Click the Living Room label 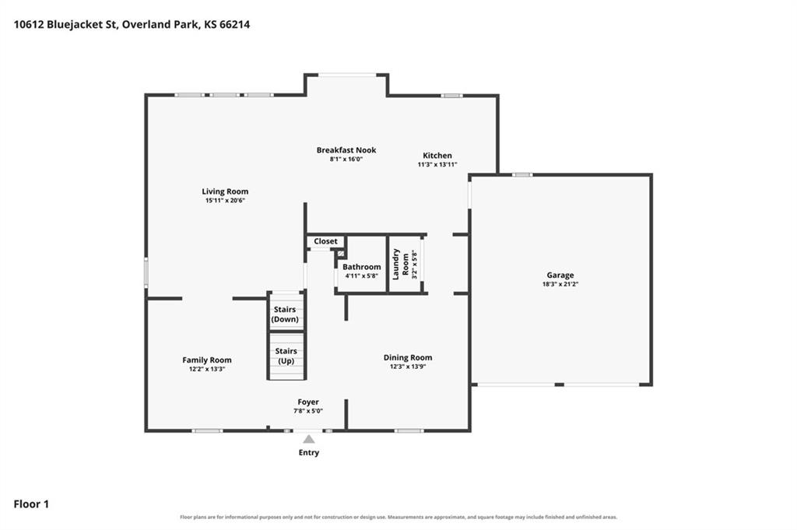pyautogui.click(x=225, y=191)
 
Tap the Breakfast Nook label pyautogui.click(x=346, y=150)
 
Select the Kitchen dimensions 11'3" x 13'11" pyautogui.click(x=437, y=165)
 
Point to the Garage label pyautogui.click(x=560, y=276)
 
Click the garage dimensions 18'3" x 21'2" pyautogui.click(x=560, y=285)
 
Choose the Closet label pyautogui.click(x=325, y=241)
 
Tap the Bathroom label pyautogui.click(x=361, y=267)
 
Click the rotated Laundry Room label pyautogui.click(x=401, y=265)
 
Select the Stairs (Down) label pyautogui.click(x=285, y=314)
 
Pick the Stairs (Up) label pyautogui.click(x=286, y=356)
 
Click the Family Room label pyautogui.click(x=207, y=360)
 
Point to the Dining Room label pyautogui.click(x=408, y=357)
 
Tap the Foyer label pyautogui.click(x=308, y=402)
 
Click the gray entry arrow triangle pyautogui.click(x=308, y=439)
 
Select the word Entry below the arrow pyautogui.click(x=308, y=452)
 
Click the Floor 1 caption pyautogui.click(x=31, y=504)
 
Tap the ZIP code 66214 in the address pyautogui.click(x=235, y=24)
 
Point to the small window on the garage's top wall pyautogui.click(x=522, y=175)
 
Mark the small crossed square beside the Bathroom pyautogui.click(x=341, y=254)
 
